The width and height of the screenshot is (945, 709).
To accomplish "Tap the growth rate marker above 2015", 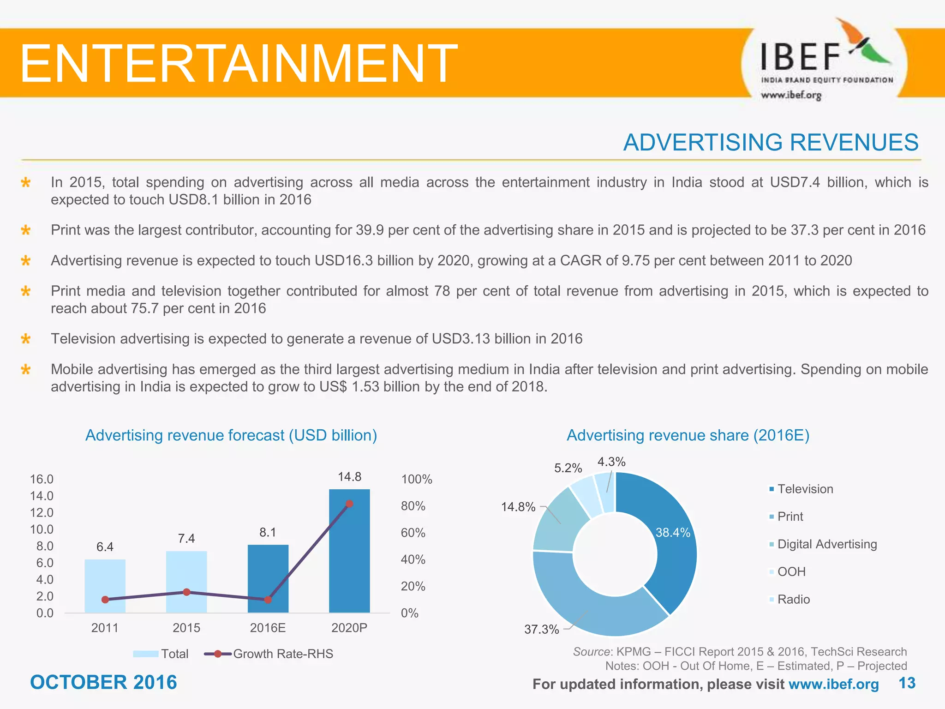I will tap(186, 592).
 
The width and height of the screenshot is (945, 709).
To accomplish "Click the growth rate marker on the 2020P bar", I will tap(349, 504).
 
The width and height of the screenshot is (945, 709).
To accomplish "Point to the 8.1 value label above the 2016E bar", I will tap(268, 532).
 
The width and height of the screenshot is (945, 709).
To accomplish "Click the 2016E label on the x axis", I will tap(268, 628).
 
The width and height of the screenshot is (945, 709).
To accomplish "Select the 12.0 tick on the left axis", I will tap(42, 512).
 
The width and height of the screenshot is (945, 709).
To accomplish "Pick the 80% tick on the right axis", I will tap(413, 506).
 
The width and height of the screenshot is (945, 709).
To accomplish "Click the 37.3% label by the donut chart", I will tap(541, 629).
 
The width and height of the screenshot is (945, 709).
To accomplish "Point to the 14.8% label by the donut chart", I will tap(518, 507).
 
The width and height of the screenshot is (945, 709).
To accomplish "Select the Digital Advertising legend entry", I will tap(826, 544).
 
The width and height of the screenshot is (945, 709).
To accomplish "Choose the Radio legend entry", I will tap(793, 599).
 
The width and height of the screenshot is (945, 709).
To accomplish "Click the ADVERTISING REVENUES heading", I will tap(771, 142).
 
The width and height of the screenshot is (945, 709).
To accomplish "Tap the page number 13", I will tap(907, 683).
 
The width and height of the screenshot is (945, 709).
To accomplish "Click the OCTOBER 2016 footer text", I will tap(103, 682).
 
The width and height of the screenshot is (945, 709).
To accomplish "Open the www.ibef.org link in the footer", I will tap(833, 684).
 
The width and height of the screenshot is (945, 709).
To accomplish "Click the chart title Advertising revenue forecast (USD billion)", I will tap(231, 435).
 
